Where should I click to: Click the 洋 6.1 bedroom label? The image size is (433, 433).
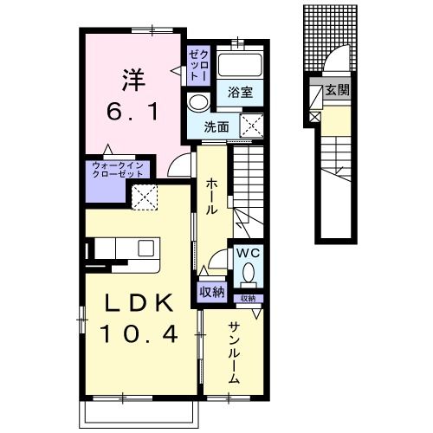[x=132, y=90]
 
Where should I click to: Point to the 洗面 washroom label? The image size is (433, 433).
[x=216, y=126]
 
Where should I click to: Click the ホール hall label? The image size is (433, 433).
[x=211, y=196]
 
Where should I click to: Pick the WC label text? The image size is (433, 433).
[x=248, y=254]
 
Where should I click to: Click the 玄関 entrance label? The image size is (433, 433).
[x=338, y=89]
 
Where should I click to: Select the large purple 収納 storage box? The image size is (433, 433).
[x=212, y=293]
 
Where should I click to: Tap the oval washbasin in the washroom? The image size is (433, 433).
[x=197, y=102]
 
